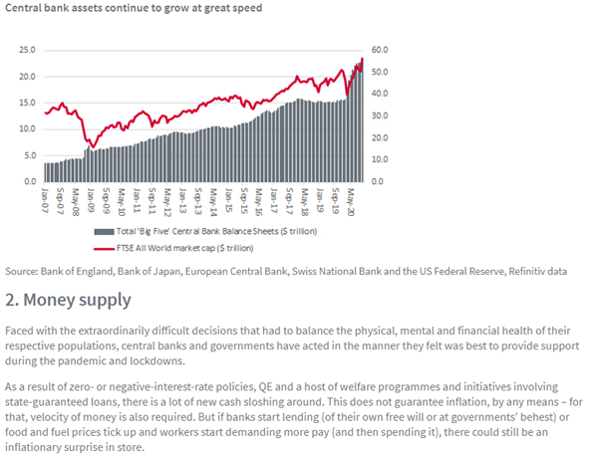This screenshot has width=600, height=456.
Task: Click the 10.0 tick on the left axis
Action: pyautogui.click(x=27, y=129)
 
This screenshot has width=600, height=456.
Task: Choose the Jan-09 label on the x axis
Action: pyautogui.click(x=90, y=200)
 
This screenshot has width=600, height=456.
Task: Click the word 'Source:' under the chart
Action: pyautogui.click(x=22, y=270)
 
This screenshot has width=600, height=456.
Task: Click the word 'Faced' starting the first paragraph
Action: pyautogui.click(x=22, y=330)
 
